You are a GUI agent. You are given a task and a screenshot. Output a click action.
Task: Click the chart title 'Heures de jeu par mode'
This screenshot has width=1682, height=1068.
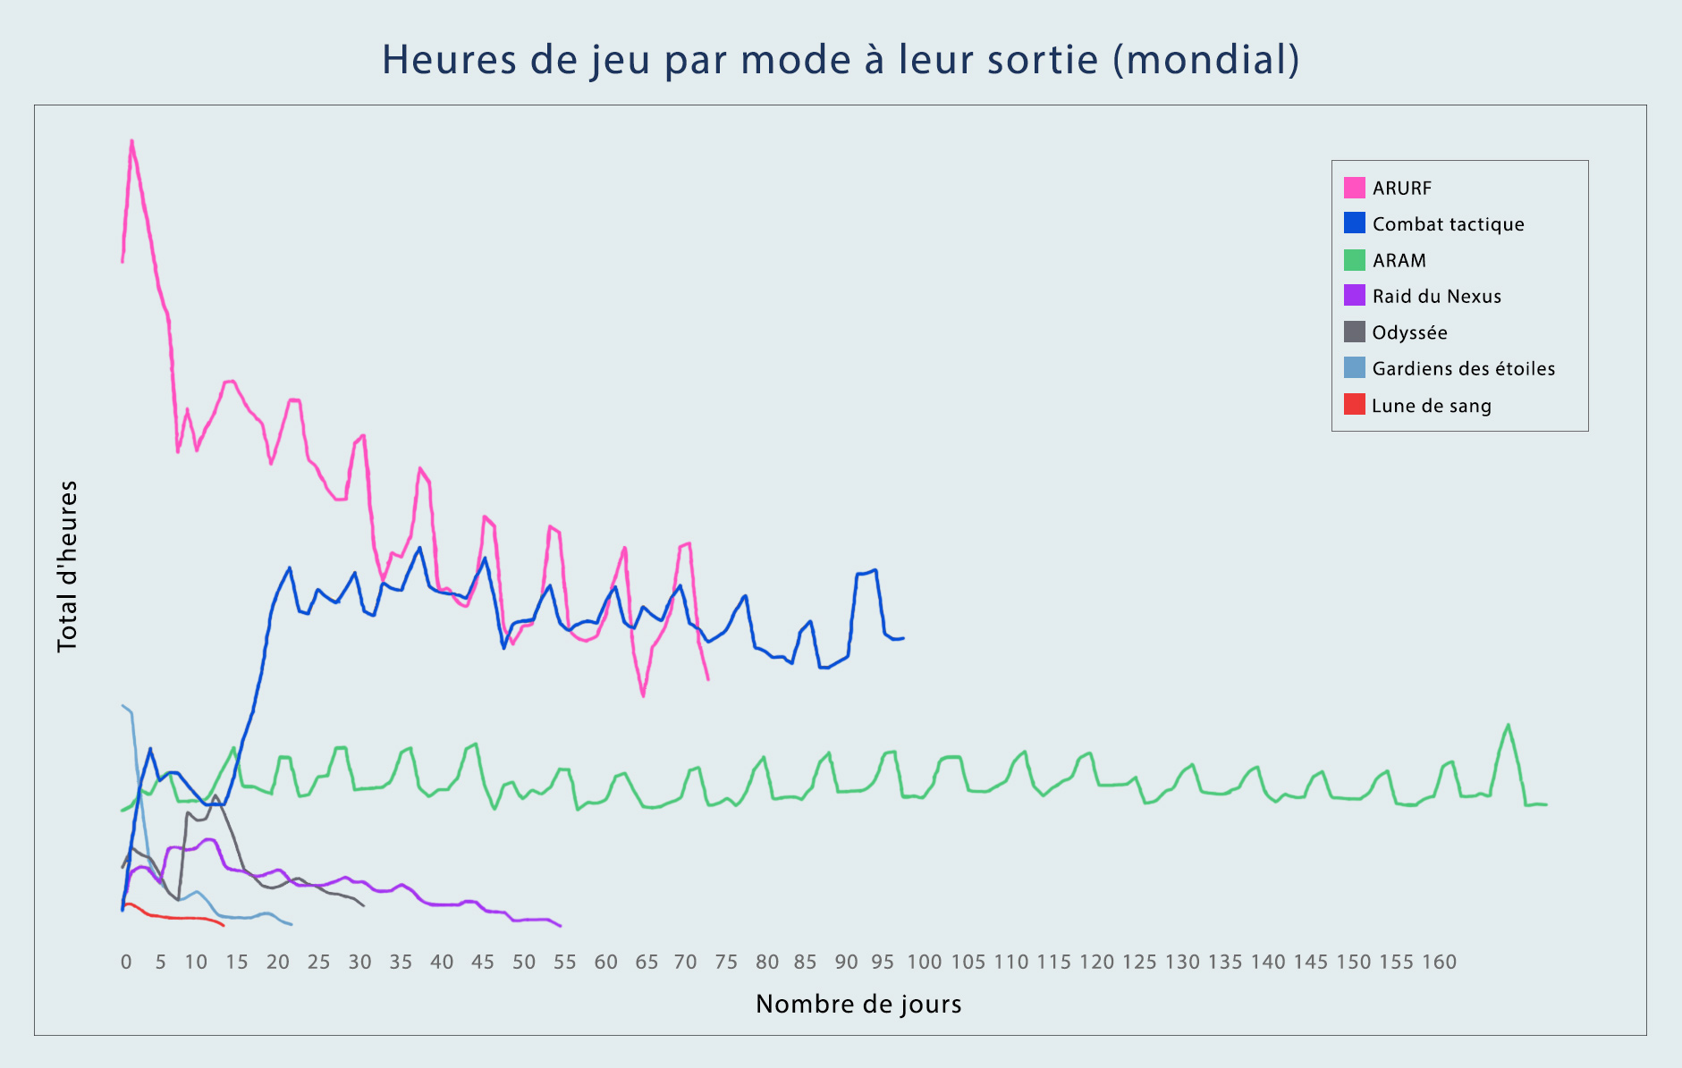coord(840,60)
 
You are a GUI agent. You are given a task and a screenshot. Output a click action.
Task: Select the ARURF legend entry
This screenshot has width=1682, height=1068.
coord(1401,189)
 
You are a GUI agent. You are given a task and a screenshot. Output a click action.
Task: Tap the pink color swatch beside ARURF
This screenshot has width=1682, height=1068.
coord(1354,188)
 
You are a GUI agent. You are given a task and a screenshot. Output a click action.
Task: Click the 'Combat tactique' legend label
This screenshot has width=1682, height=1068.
coord(1448,224)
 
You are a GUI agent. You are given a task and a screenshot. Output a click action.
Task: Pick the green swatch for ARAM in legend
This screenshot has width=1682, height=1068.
coord(1354,260)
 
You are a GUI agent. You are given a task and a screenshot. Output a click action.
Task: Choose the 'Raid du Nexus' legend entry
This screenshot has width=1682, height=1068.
coord(1436,297)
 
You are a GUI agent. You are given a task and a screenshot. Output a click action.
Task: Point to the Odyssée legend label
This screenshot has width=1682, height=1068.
coord(1409,332)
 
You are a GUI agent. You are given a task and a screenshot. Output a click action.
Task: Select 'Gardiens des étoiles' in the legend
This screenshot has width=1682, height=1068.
coord(1463,369)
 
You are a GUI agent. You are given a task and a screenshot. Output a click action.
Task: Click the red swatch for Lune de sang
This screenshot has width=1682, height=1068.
coord(1354,405)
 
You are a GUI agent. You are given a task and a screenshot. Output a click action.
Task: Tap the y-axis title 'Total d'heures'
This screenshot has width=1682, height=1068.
coord(68,567)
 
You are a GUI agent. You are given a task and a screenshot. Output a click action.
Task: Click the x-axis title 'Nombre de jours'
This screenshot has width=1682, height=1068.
coord(858,1004)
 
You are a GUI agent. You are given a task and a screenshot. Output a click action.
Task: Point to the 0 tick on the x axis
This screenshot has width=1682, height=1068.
coord(126,963)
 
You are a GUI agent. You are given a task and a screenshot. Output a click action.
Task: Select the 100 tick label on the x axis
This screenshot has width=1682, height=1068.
coord(924,963)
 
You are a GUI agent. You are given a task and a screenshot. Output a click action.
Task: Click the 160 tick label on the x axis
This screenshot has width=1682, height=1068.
coord(1439,963)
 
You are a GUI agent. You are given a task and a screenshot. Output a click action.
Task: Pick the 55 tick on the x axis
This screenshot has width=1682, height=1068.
coord(564,963)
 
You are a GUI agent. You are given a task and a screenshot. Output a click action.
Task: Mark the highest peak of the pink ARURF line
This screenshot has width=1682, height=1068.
coord(131,141)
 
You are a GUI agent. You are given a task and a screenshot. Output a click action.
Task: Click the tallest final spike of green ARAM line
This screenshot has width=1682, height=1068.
coord(1509,725)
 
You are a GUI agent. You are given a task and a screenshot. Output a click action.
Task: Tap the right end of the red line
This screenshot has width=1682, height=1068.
coord(223,925)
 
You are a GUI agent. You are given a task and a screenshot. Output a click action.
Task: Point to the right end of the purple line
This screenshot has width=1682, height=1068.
coord(561,926)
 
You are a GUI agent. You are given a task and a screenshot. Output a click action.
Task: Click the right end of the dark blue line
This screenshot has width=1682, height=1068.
coord(903,638)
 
